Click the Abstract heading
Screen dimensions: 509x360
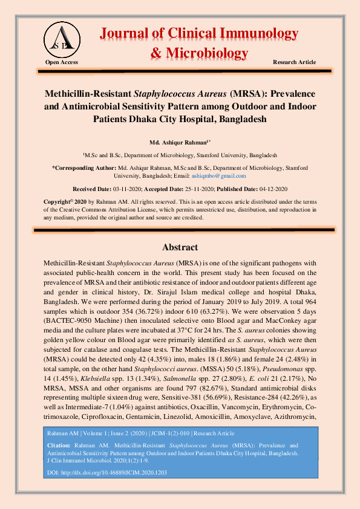pos(180,247)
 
